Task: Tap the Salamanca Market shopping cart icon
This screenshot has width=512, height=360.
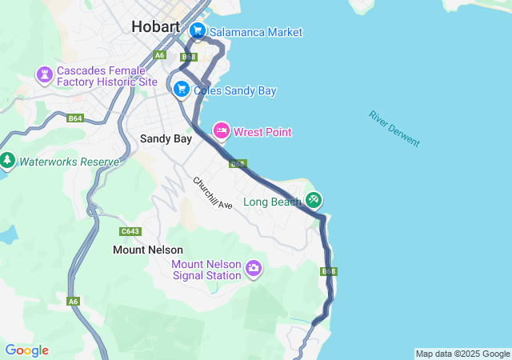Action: point(198,31)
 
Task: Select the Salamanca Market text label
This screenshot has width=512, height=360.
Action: point(256,32)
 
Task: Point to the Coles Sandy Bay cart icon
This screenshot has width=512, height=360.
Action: point(182,90)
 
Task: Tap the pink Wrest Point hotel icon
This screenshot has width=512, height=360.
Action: point(222,130)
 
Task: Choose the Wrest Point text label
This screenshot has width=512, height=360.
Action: point(262,132)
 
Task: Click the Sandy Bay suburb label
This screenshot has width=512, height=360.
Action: point(166,138)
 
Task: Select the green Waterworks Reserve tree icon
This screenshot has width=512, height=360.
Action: point(8,161)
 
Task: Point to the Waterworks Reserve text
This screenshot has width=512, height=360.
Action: point(69,162)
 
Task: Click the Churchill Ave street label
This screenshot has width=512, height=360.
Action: point(212,193)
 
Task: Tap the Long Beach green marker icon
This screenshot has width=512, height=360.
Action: point(314,199)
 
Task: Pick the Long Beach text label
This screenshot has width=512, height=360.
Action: point(272,202)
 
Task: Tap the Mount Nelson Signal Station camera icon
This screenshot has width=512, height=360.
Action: point(254,268)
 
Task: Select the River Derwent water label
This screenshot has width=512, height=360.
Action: point(394,128)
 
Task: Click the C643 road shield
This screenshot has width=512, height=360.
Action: point(130,231)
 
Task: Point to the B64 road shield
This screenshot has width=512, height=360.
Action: point(75,118)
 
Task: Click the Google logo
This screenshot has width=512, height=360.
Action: point(26,350)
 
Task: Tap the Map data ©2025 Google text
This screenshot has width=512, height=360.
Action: point(462,354)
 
